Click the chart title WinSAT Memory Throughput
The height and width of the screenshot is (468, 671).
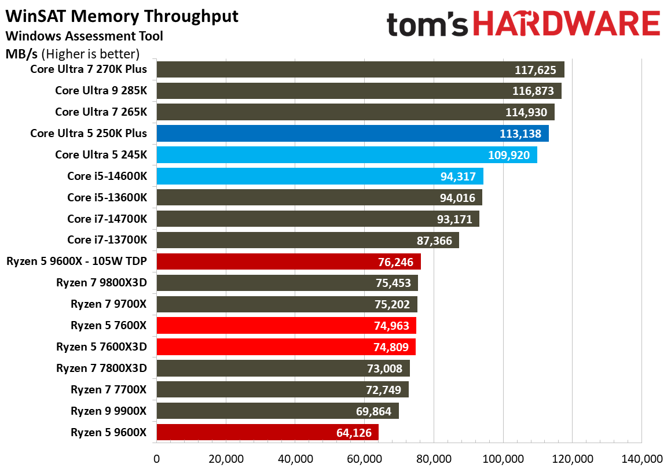tap(122, 16)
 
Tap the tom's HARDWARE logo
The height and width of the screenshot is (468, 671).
tap(523, 25)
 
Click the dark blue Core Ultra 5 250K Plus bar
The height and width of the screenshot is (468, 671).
tap(352, 134)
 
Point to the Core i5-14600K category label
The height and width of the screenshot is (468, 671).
tap(107, 176)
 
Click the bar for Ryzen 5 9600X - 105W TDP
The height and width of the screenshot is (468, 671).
tap(288, 261)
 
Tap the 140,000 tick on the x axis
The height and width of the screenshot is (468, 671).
tap(641, 459)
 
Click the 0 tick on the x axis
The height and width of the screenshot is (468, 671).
tap(156, 459)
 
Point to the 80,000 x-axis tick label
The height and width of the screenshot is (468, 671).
tap(434, 459)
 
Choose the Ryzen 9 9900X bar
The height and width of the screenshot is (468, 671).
tap(277, 411)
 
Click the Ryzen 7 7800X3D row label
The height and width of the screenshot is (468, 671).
tap(101, 368)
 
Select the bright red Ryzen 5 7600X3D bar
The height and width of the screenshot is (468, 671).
tap(285, 347)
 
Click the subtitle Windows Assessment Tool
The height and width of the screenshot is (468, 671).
tap(84, 36)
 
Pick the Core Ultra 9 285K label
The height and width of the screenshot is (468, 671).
tap(101, 91)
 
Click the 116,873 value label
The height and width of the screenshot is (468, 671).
tap(533, 91)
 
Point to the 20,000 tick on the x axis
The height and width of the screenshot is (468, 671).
tap(225, 459)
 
